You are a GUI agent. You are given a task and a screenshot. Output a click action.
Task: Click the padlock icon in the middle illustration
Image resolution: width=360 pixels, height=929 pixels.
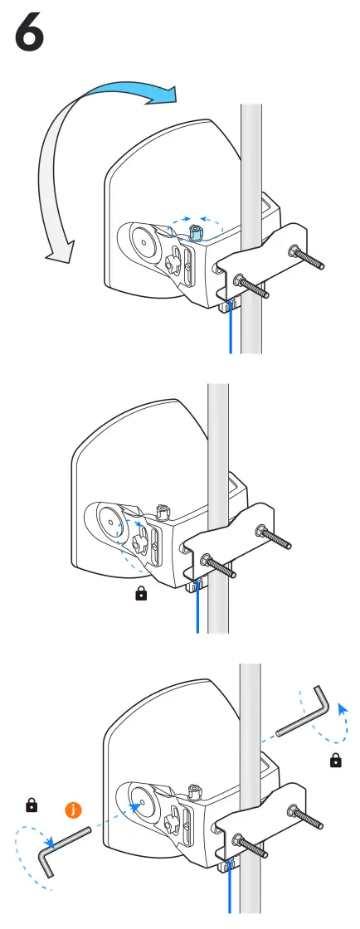(141, 594)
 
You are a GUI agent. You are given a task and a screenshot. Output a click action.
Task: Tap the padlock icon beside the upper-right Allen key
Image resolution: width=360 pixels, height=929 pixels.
(335, 759)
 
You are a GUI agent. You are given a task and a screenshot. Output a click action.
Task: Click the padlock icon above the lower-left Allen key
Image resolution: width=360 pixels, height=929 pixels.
(32, 804)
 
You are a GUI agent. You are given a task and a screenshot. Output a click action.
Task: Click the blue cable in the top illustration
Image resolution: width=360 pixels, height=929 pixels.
(230, 332)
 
